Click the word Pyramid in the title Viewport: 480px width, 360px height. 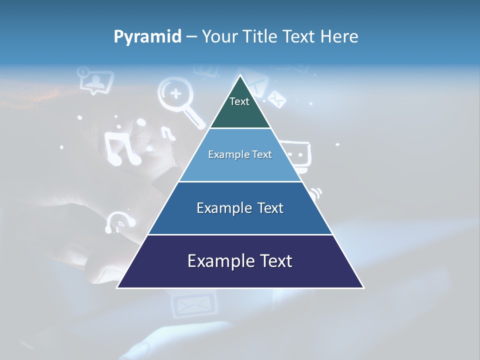pos(147,37)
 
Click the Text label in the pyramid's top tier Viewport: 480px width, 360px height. pos(239,101)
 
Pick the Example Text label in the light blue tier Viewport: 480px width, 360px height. pos(240,154)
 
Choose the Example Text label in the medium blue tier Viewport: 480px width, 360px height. pos(240,208)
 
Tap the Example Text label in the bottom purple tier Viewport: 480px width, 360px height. pos(240,261)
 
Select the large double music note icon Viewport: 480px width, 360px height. pos(122,148)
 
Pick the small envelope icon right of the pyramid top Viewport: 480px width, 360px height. pos(276,99)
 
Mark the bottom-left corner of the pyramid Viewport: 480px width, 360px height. pos(117,287)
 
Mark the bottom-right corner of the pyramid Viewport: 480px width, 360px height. pos(363,287)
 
